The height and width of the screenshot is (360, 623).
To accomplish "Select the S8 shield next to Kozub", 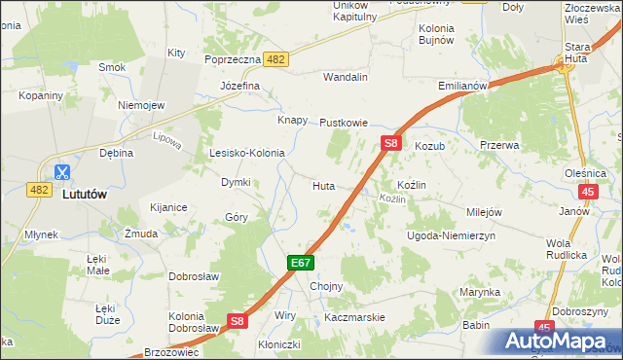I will [x=390, y=143].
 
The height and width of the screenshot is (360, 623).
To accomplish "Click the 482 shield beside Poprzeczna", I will [x=275, y=59].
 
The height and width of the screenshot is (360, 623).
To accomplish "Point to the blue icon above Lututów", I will [x=61, y=173].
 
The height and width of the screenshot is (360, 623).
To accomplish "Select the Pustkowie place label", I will [x=344, y=124].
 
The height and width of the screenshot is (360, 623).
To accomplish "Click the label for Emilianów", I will [x=462, y=86].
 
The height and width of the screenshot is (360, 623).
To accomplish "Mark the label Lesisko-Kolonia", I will [x=247, y=153].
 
